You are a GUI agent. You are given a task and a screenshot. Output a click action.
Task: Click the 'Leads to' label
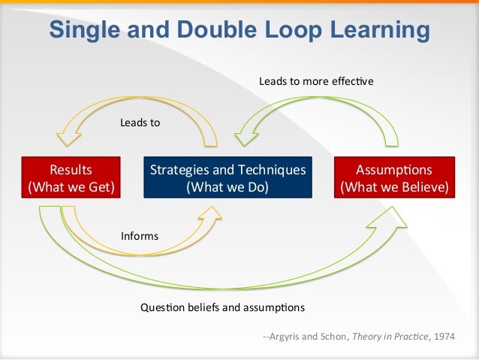pyautogui.click(x=140, y=122)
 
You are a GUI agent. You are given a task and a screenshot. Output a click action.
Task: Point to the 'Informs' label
pyautogui.click(x=140, y=236)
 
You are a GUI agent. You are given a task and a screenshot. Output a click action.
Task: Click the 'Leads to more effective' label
pyautogui.click(x=316, y=80)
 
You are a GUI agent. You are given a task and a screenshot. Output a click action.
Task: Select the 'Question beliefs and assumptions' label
pyautogui.click(x=223, y=307)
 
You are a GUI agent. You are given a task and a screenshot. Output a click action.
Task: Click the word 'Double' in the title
pyautogui.click(x=206, y=30)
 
